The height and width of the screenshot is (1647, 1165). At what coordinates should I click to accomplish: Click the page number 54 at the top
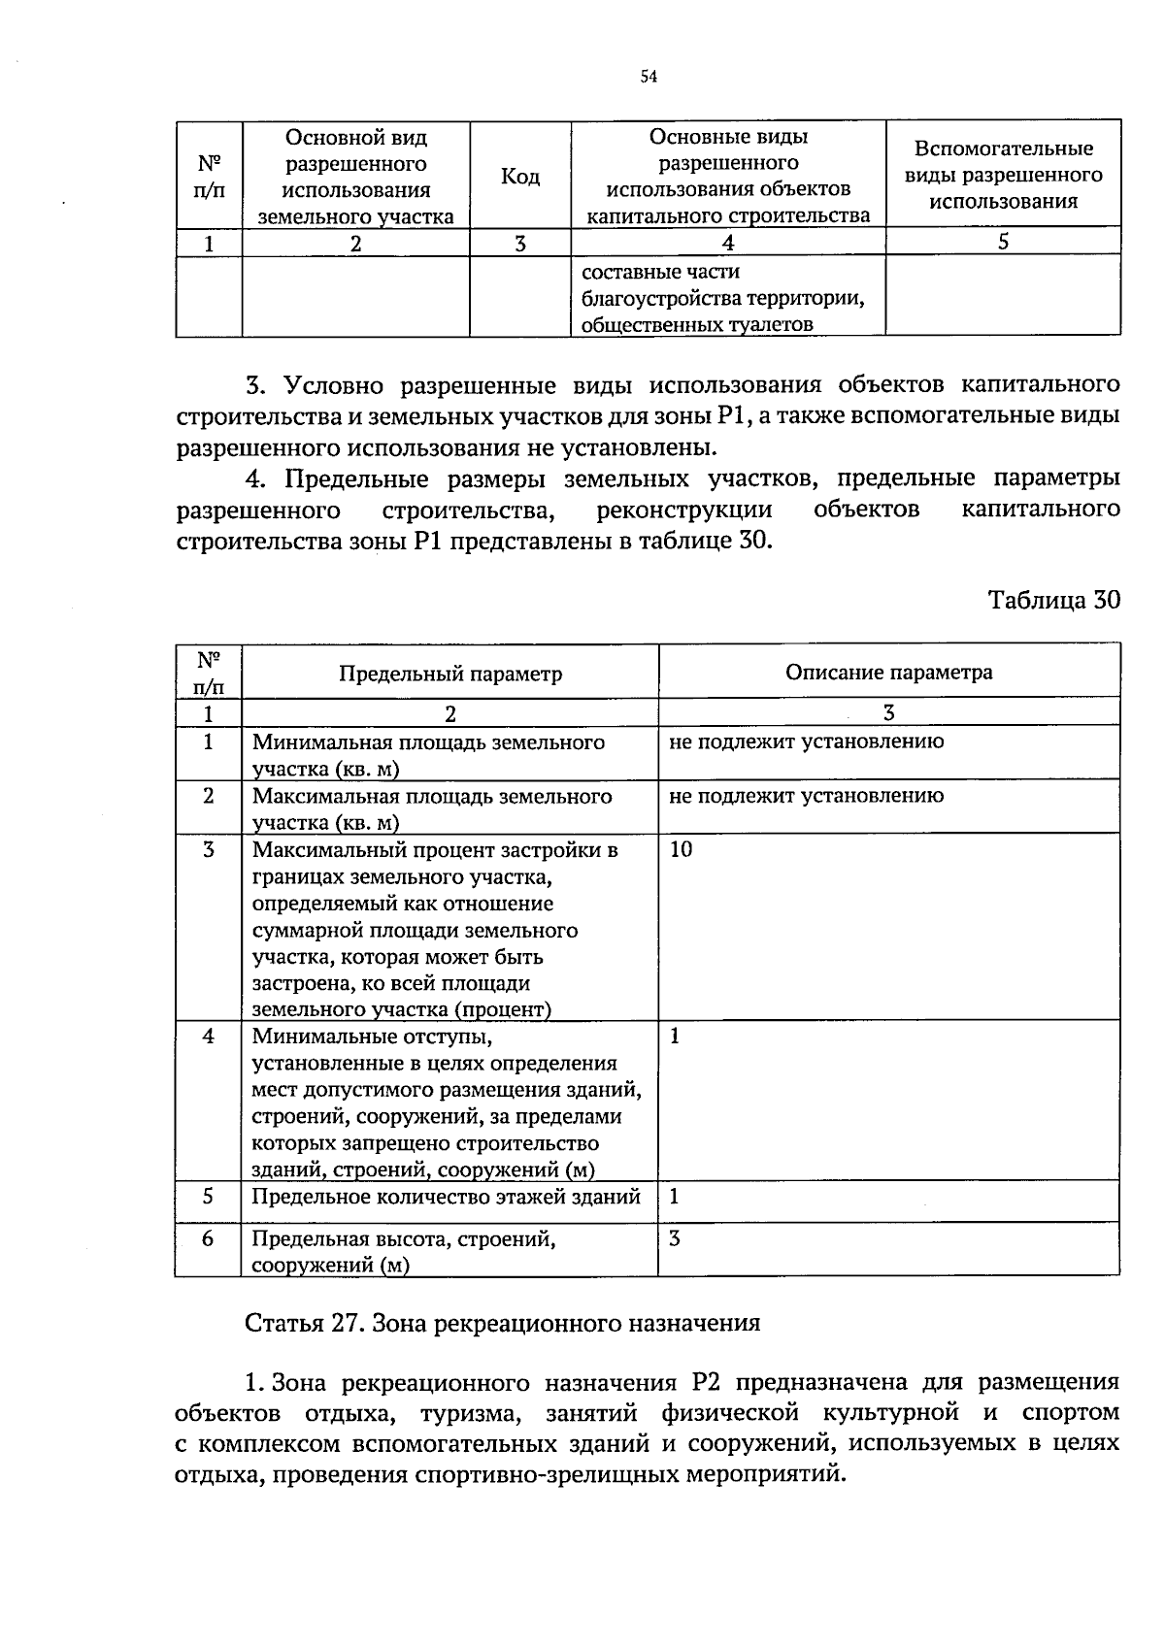point(649,78)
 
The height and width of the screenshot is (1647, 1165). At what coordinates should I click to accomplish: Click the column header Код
point(519,177)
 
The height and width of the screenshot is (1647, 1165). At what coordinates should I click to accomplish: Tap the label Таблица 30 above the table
point(1053,600)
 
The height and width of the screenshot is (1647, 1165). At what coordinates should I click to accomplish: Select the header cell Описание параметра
point(888,673)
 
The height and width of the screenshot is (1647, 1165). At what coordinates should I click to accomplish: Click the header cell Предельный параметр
point(449,674)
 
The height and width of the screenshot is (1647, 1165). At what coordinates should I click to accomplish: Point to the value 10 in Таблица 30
point(682,849)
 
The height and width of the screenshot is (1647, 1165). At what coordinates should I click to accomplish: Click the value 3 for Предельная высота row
point(675,1238)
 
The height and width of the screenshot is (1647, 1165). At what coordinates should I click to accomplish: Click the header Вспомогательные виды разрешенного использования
point(1003,176)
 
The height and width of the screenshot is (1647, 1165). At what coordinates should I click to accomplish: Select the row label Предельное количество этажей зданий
point(446,1197)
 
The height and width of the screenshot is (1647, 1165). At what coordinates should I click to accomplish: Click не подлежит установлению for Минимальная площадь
point(806,742)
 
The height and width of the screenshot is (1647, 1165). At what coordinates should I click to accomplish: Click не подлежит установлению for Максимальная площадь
point(806,796)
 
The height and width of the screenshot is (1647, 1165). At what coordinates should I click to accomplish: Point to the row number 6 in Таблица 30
point(208,1239)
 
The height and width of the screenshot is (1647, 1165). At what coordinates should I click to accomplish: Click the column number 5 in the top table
point(1003,242)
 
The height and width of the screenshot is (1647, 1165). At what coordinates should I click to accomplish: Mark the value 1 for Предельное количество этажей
point(675,1197)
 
